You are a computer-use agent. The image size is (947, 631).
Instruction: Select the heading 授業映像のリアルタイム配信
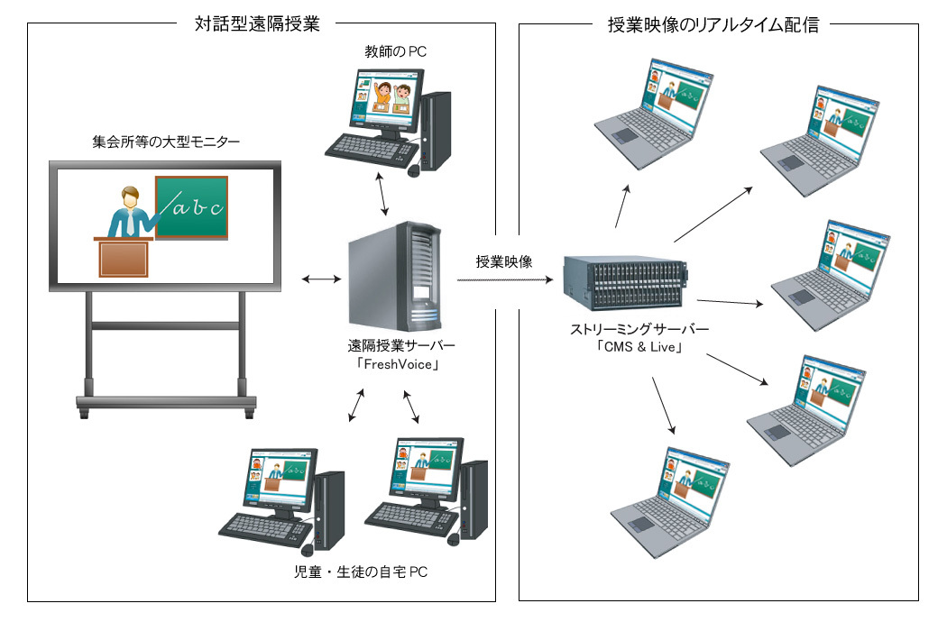713,24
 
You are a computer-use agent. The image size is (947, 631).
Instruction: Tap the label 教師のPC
391,52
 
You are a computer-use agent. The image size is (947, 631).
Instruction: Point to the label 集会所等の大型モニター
167,142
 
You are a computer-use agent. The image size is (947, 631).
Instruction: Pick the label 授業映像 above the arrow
504,262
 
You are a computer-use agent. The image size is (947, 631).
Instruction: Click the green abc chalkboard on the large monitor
191,207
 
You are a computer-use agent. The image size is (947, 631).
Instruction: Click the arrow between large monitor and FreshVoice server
318,280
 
